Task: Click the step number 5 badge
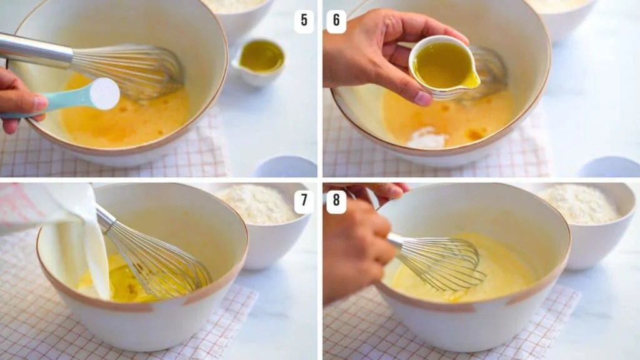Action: tap(304, 20)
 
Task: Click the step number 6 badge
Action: tap(336, 21)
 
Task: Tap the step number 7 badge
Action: tap(304, 202)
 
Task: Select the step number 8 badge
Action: tap(336, 202)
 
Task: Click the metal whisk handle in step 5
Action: tap(34, 50)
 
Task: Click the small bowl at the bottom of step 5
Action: tap(285, 167)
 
